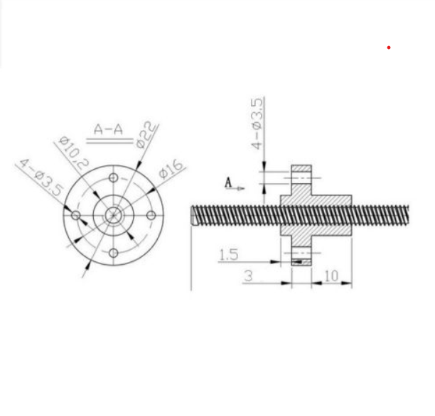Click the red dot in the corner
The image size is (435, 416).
tap(389, 48)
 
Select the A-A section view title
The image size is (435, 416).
tap(108, 129)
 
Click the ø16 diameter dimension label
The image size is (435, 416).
tap(171, 169)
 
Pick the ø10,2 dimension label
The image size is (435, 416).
tap(74, 153)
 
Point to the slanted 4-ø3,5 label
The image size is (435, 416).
tap(41, 177)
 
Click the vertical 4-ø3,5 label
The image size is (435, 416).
tap(257, 124)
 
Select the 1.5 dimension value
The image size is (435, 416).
tap(229, 255)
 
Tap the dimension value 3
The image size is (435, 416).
tap(249, 275)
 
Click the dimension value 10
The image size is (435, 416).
tap(331, 275)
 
